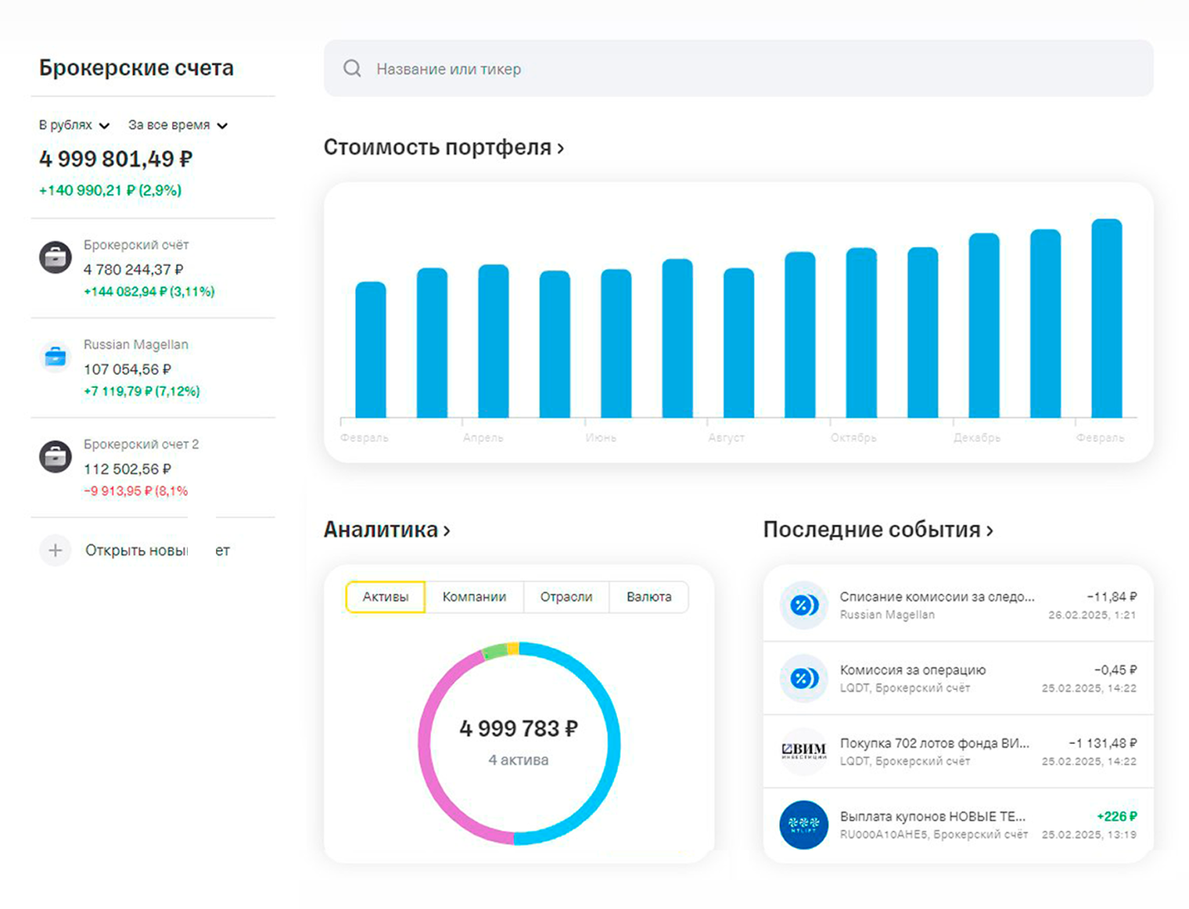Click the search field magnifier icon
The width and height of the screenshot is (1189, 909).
coord(352,69)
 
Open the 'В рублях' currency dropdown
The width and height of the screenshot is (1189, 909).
coord(74,125)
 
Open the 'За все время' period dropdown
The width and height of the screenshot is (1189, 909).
coord(178,125)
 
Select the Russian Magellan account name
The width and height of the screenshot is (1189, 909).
coord(136,344)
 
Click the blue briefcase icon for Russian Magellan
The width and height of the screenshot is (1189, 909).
coord(56,357)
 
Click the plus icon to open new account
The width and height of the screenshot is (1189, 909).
coord(56,551)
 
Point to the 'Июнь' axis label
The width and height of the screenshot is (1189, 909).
coord(601,438)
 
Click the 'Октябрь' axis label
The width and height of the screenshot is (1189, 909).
coord(853,438)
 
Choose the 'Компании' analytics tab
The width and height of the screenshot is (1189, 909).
coord(474,597)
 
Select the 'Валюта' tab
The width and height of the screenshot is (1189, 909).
coord(648,597)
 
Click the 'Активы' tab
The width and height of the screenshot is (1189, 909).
coord(385,597)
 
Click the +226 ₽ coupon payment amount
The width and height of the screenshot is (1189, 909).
coord(1116,816)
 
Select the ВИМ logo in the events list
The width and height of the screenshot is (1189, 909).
coord(804,751)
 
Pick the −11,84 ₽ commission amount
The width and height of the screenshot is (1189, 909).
coord(1112,596)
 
